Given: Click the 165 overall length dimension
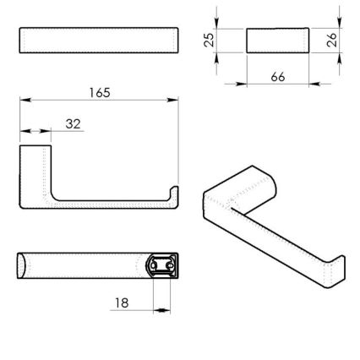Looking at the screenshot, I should click(x=99, y=91).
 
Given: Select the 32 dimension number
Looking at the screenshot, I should click(x=73, y=123).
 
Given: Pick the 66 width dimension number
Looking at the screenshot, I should click(x=277, y=76).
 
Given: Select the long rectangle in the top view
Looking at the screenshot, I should click(x=98, y=41).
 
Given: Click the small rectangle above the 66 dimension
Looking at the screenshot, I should click(x=277, y=41).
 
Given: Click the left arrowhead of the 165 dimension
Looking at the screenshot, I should click(x=24, y=100).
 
